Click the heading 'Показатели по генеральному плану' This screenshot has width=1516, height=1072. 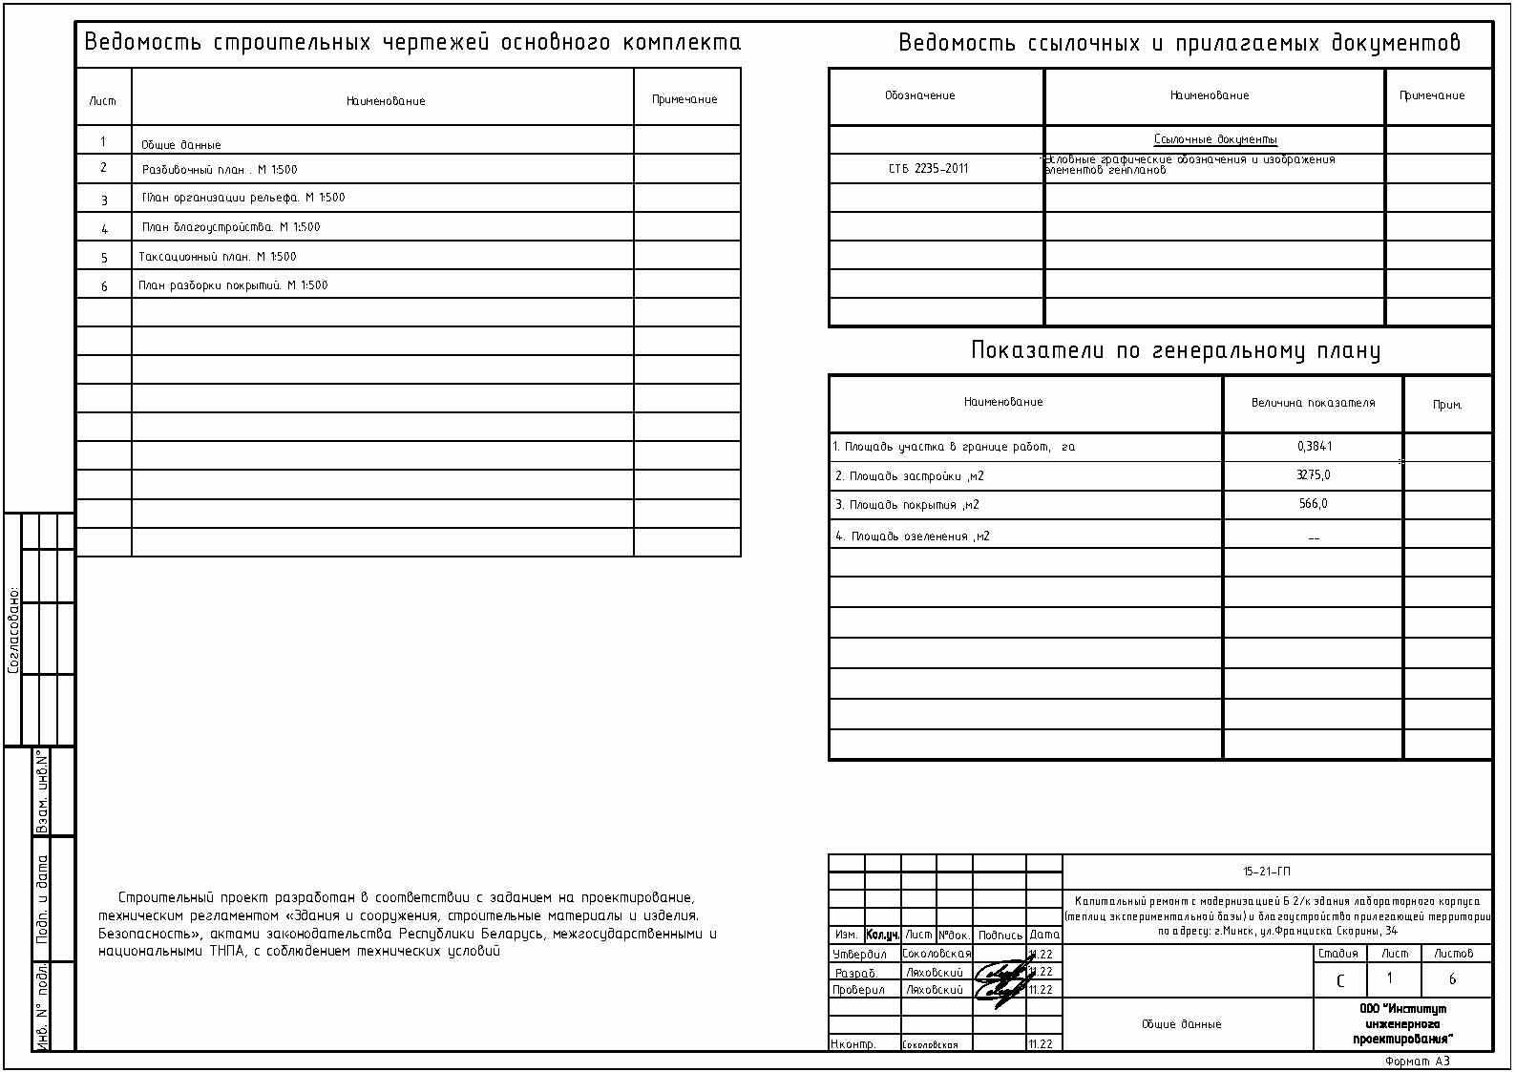[x=1175, y=351]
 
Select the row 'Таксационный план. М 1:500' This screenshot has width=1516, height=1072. [x=218, y=257]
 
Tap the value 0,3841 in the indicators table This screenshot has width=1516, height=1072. [x=1315, y=446]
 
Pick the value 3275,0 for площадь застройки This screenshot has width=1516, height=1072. [x=1314, y=475]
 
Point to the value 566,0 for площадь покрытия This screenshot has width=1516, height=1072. [x=1314, y=504]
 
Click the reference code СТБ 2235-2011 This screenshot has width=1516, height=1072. [x=928, y=169]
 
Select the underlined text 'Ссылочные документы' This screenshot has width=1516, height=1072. [x=1214, y=139]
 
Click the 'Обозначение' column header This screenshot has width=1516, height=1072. [x=919, y=95]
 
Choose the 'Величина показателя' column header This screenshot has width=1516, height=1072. [x=1313, y=403]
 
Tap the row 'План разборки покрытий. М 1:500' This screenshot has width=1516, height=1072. [x=233, y=285]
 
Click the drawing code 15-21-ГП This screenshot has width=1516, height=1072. [x=1267, y=872]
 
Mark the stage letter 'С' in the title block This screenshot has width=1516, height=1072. [x=1340, y=981]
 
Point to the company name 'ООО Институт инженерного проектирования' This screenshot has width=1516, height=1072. [x=1402, y=1023]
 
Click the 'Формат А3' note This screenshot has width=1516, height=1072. [x=1418, y=1061]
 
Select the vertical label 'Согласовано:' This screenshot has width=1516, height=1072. [x=13, y=630]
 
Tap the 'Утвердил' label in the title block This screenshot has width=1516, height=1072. [x=859, y=954]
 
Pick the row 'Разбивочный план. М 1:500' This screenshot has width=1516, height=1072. [x=220, y=170]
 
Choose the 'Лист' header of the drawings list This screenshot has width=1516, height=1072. [x=103, y=101]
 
